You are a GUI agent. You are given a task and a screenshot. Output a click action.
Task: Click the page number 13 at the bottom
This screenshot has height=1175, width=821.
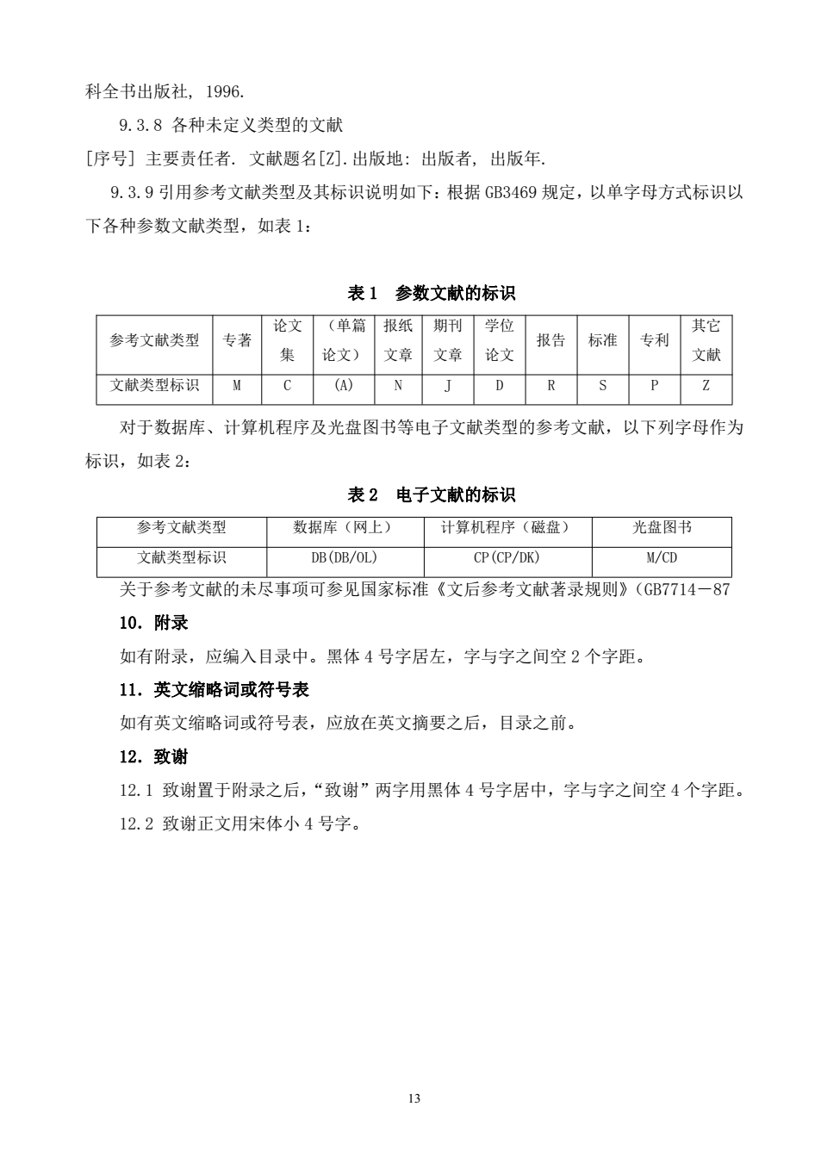point(414,1098)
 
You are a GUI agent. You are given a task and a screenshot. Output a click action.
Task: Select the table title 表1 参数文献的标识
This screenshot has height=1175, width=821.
point(431,294)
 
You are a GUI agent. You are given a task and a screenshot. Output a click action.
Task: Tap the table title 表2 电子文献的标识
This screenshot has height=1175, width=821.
point(431,495)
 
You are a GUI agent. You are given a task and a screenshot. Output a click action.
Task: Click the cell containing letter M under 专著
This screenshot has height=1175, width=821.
point(237,386)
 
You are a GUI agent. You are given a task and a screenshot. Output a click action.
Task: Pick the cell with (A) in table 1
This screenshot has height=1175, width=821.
point(343,386)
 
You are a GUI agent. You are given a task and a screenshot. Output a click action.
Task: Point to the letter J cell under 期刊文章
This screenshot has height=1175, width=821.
point(448,386)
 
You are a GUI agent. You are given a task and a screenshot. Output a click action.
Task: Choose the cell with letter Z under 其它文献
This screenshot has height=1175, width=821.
point(706,386)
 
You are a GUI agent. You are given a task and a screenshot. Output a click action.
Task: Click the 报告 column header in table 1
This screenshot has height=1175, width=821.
point(550,340)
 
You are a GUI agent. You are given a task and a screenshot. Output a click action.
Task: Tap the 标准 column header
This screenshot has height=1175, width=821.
point(602,340)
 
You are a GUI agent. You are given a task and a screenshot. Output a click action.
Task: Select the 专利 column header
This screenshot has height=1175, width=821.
point(654,340)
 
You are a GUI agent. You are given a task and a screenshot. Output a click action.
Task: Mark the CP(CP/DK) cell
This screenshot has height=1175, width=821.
point(507,557)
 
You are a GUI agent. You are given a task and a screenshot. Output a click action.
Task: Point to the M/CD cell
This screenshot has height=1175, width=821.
point(662,557)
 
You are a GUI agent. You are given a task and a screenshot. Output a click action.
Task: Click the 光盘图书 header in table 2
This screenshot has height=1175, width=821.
point(662,527)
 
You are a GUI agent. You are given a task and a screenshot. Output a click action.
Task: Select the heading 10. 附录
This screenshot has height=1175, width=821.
point(153,623)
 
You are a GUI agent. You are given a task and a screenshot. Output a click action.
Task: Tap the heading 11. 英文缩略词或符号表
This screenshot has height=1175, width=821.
point(214,690)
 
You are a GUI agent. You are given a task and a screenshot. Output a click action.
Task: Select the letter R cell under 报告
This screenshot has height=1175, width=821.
point(550,386)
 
